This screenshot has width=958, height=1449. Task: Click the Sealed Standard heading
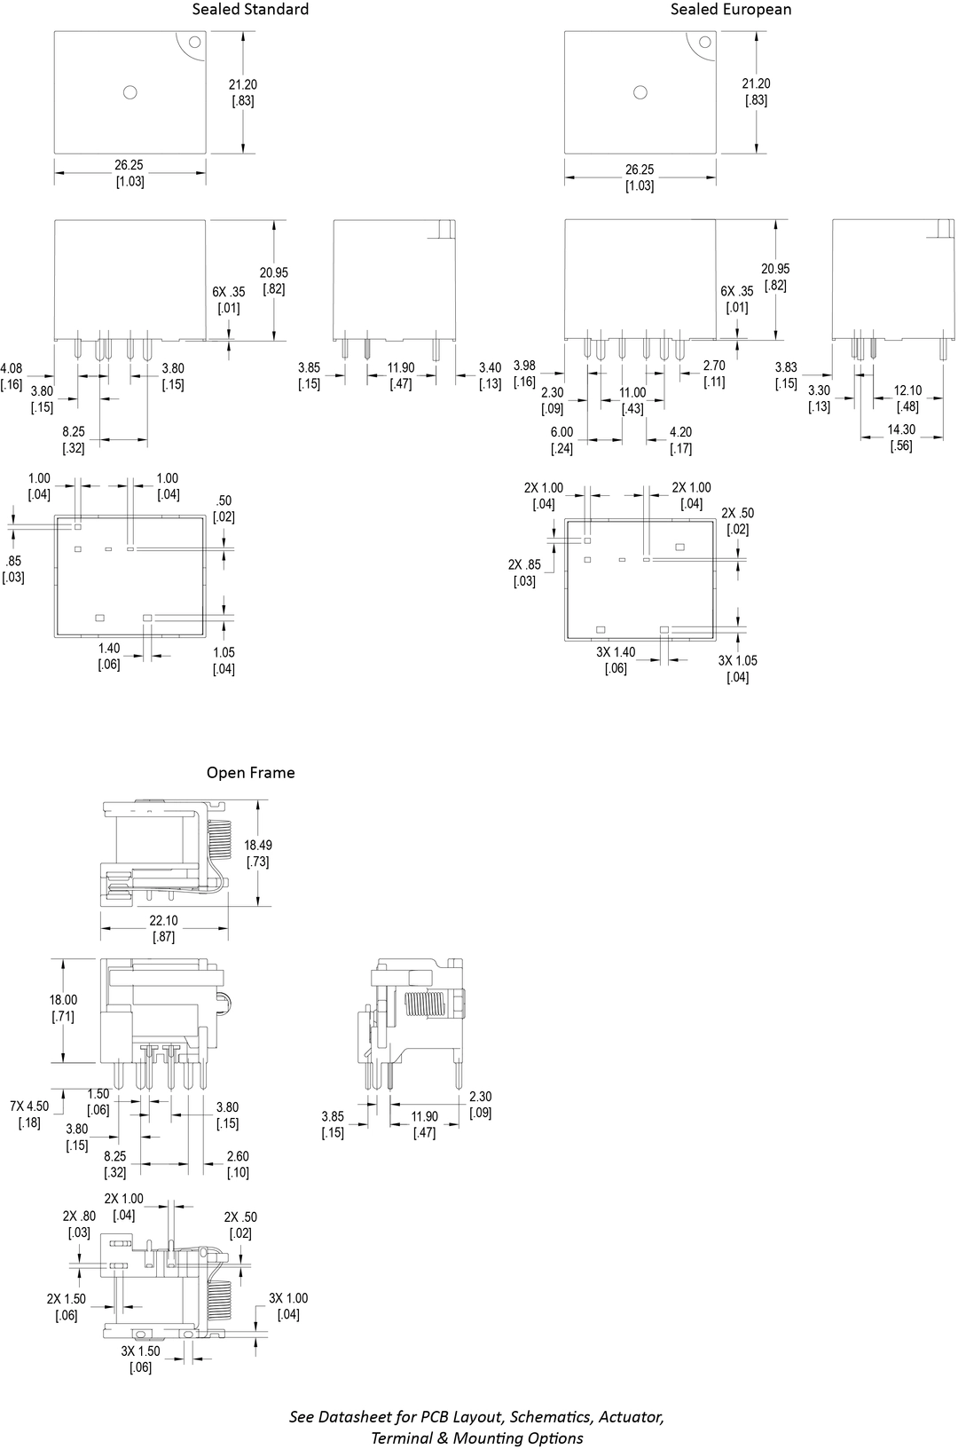250,10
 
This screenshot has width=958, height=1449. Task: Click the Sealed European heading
730,10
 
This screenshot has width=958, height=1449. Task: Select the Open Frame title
250,773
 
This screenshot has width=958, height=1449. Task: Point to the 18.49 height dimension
258,846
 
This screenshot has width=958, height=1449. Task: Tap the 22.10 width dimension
163,921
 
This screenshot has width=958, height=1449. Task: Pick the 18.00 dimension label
63,1000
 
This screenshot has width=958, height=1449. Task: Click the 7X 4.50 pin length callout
29,1106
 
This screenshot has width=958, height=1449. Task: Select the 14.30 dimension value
901,429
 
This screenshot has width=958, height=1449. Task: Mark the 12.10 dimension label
907,390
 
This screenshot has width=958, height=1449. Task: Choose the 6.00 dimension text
561,432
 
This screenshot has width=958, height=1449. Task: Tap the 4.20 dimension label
680,432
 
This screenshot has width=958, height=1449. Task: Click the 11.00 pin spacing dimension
632,393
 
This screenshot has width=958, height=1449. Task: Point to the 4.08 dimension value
12,368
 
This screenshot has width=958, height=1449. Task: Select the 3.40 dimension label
490,368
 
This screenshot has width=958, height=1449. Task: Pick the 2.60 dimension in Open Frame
238,1156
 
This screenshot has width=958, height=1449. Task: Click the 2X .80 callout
78,1217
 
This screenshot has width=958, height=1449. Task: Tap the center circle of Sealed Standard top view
130,92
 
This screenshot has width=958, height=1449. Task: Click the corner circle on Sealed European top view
705,42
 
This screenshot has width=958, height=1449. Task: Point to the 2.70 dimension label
714,366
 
